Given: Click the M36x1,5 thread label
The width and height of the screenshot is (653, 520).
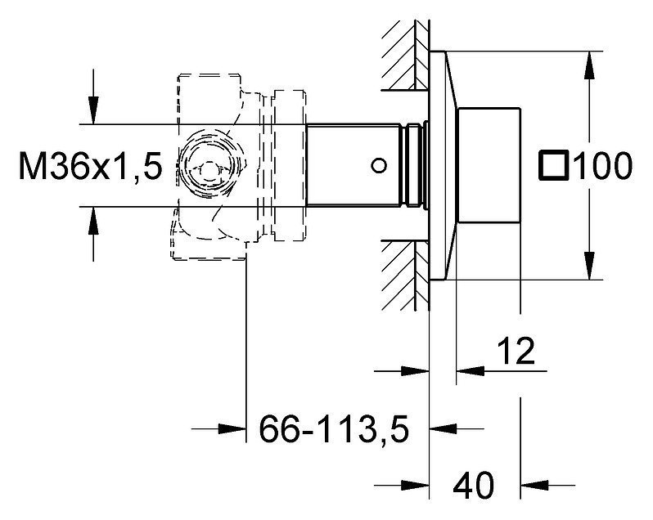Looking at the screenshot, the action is (x=90, y=166).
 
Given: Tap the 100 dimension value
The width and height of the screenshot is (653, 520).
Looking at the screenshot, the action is (x=602, y=166).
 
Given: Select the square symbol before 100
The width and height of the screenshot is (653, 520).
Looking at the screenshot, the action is (x=553, y=166).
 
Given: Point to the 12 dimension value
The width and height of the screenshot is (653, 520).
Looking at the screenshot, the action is (x=516, y=351).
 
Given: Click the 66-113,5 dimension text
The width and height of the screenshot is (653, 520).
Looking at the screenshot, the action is (x=334, y=428).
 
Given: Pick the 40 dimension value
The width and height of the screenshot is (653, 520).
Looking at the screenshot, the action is (x=474, y=486).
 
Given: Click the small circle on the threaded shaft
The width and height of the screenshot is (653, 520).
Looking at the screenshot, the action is (x=379, y=166).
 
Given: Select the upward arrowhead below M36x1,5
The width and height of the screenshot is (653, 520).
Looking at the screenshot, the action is (x=93, y=221).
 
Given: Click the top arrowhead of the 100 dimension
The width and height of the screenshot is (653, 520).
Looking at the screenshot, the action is (x=589, y=65).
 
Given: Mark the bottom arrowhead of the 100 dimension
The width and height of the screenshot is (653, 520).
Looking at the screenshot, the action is (x=589, y=266).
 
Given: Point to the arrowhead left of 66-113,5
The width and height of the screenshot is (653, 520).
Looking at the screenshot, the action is (x=232, y=428).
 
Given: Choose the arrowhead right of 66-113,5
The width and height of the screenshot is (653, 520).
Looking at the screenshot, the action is (x=444, y=428).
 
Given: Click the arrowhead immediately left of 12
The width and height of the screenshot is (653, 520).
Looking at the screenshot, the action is (x=471, y=370).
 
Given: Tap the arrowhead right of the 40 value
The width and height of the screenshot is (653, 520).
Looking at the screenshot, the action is (x=534, y=485).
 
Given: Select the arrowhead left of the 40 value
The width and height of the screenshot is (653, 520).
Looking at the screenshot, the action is (x=415, y=485).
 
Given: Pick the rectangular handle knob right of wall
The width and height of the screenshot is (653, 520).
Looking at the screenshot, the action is (x=489, y=165).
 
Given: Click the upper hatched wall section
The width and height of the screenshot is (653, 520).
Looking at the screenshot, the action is (x=405, y=56).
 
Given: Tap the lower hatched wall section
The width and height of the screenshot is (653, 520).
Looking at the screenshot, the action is (x=405, y=275).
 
